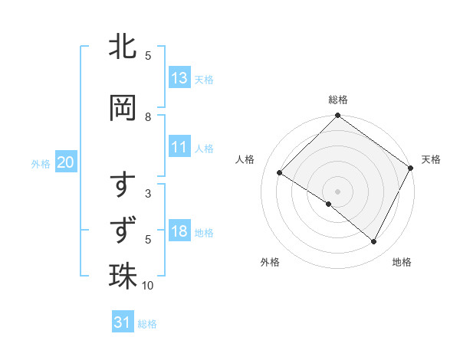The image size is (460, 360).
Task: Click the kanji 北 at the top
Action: tap(123, 47)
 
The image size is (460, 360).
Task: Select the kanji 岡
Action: tap(123, 108)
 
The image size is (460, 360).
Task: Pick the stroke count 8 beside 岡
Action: tap(148, 117)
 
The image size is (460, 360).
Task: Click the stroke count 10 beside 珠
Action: tap(148, 286)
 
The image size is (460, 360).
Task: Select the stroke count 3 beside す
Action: tap(148, 194)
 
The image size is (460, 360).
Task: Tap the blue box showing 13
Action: tap(179, 77)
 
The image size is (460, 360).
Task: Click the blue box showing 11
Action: tap(179, 147)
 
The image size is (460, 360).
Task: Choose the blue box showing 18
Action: tap(179, 232)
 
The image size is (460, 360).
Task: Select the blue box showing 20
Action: tap(66, 162)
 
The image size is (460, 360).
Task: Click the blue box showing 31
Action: tap(122, 322)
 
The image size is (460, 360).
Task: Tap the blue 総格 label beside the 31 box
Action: tap(147, 324)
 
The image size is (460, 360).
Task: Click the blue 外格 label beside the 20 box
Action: tap(41, 163)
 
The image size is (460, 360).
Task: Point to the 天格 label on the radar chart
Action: tap(431, 159)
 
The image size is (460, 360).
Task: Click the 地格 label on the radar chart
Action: tap(402, 262)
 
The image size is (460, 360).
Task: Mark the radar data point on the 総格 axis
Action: tap(337, 116)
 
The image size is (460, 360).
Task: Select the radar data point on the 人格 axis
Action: tap(280, 173)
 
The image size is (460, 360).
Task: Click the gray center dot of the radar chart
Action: tap(337, 191)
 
